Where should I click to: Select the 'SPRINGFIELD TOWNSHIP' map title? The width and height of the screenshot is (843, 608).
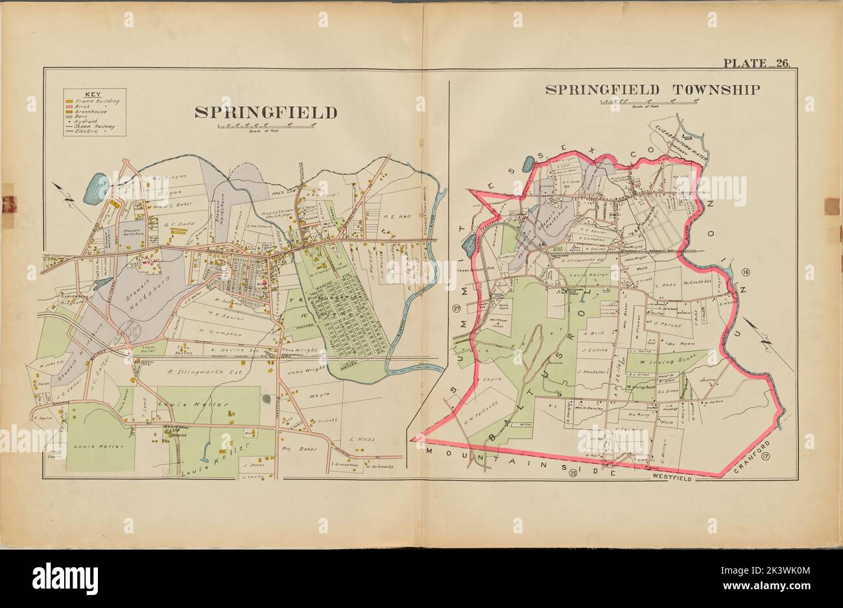[x=652, y=90]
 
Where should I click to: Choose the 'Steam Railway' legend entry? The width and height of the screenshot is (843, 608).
[x=94, y=126]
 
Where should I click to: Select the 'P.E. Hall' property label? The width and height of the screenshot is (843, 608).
[x=398, y=217]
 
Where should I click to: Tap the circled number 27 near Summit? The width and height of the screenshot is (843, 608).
[x=457, y=308]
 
